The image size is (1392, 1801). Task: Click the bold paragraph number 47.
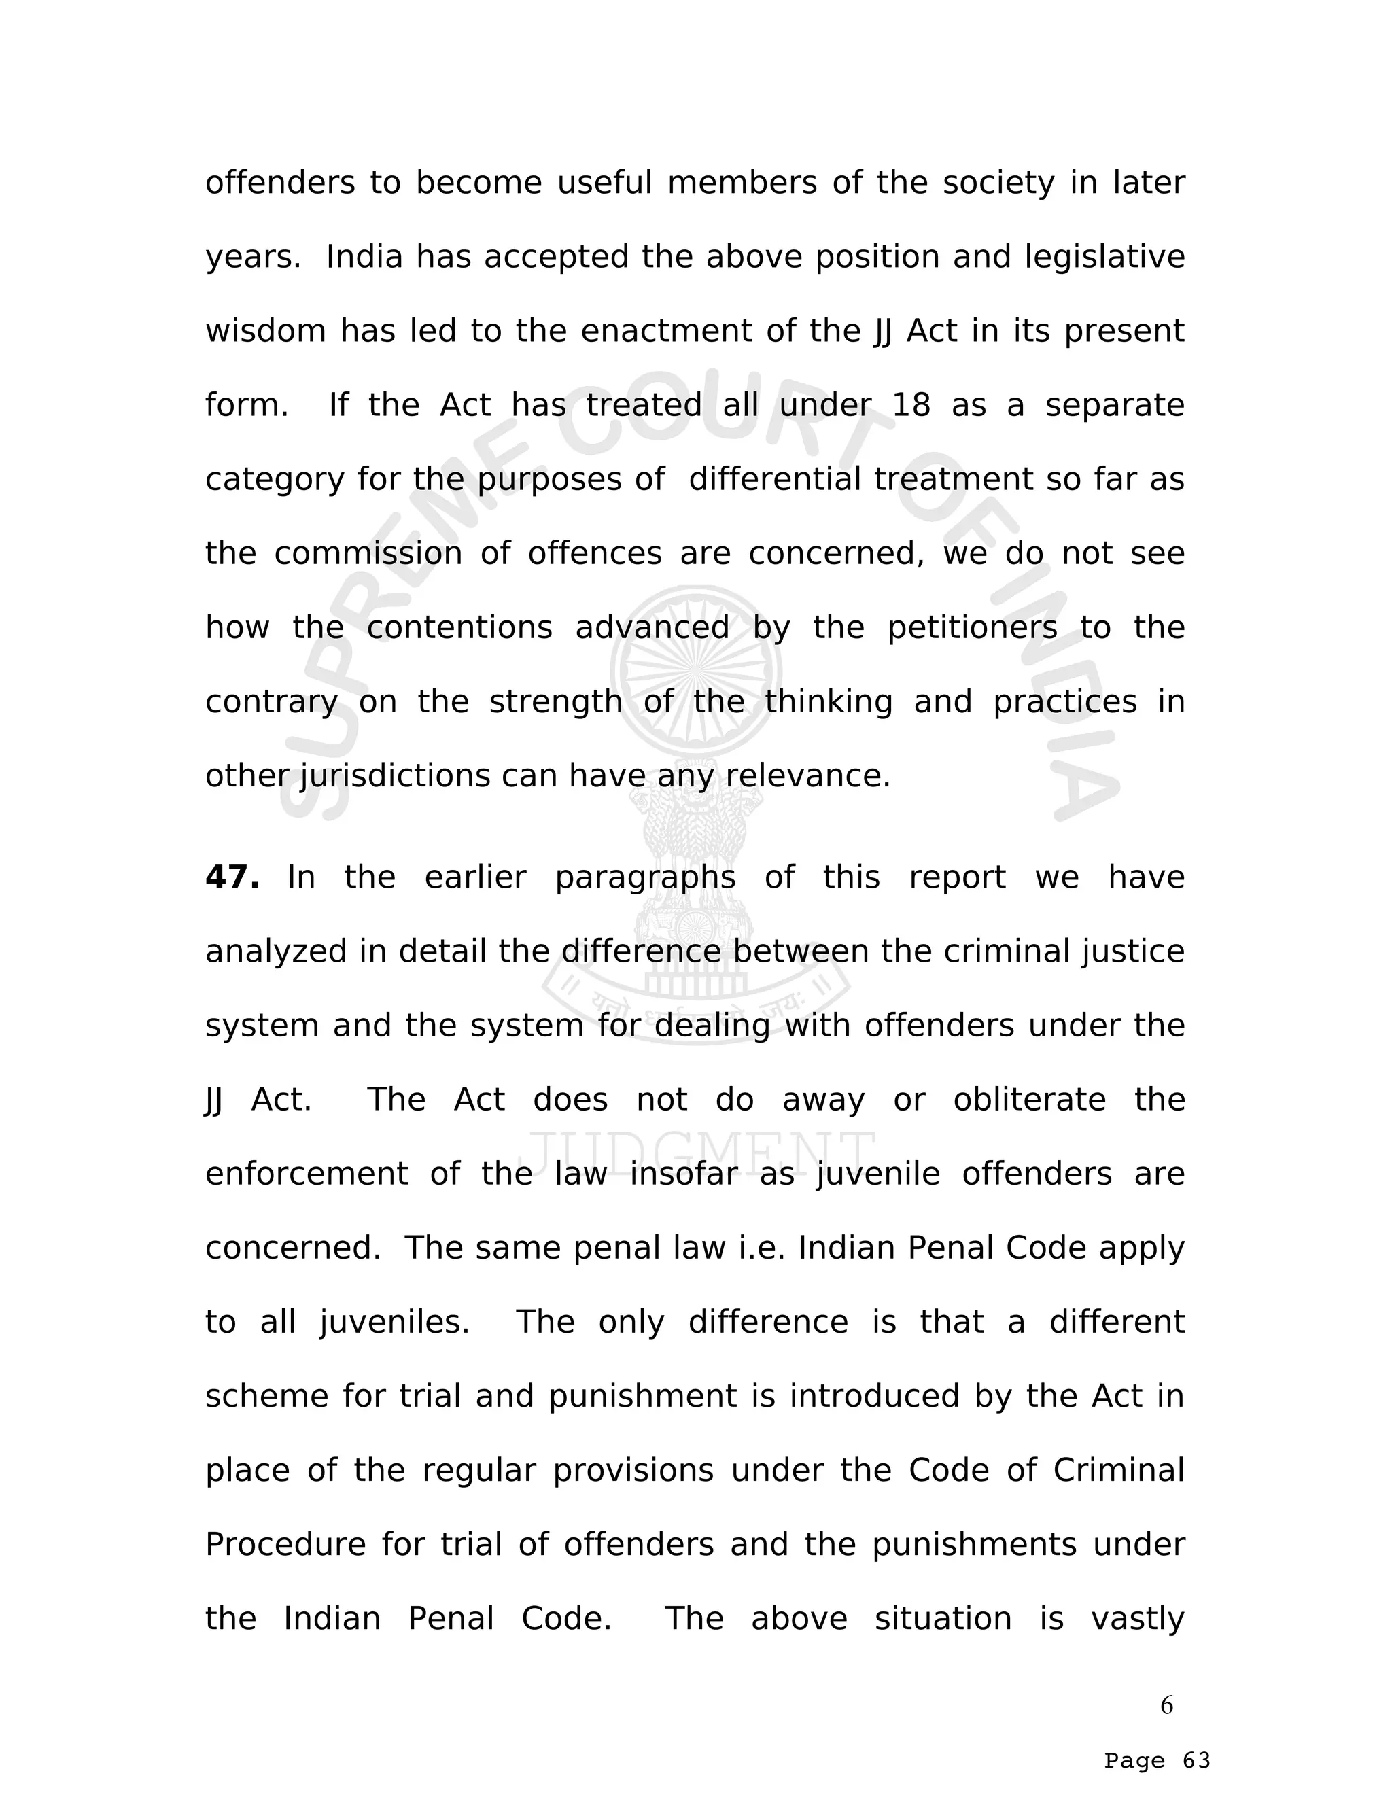tap(232, 877)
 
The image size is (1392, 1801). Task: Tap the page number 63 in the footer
tap(1196, 1762)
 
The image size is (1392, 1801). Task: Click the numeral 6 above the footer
tap(1166, 1704)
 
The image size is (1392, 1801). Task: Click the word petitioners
tap(972, 627)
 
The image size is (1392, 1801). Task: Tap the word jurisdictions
tap(395, 776)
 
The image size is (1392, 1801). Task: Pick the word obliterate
tap(1029, 1100)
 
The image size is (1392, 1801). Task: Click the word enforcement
tap(306, 1174)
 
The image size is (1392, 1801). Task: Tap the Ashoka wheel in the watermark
tap(696, 672)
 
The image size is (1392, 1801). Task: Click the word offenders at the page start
tap(279, 183)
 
